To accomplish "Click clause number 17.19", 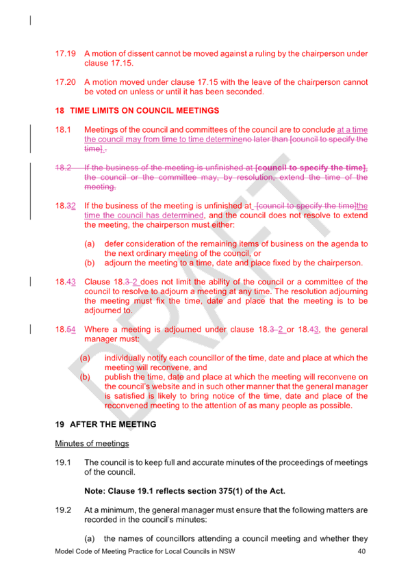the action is [x=66, y=53].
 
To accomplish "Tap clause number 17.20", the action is [x=66, y=82].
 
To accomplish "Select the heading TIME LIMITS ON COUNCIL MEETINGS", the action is [x=144, y=111].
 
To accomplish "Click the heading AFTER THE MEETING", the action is [x=113, y=424].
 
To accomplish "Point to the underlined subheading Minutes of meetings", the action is [x=92, y=443].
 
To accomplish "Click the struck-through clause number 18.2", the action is [x=63, y=168].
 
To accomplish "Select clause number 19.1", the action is [x=63, y=462].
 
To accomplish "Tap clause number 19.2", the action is [x=63, y=510].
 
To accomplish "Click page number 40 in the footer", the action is [x=361, y=551].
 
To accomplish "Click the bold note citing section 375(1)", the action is [x=185, y=491].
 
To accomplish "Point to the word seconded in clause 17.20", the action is [x=244, y=92].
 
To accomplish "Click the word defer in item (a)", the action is [x=112, y=243].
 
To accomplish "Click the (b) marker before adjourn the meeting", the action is [x=90, y=263].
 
